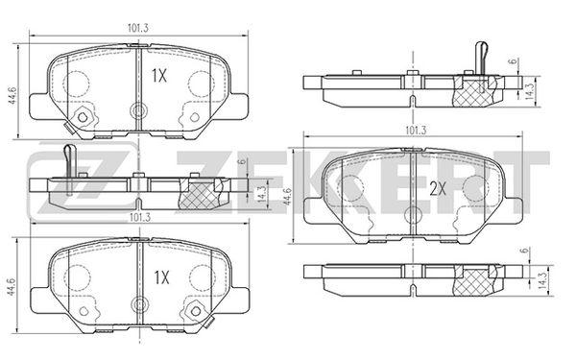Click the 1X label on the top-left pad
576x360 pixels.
point(159,76)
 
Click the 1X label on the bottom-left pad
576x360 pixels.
point(161,277)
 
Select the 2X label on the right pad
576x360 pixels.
point(438,189)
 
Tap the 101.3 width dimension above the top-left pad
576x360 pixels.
point(137,28)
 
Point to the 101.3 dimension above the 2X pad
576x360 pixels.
point(416,130)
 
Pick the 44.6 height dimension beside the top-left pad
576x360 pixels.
point(12,95)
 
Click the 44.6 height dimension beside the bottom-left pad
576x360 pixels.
point(12,286)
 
